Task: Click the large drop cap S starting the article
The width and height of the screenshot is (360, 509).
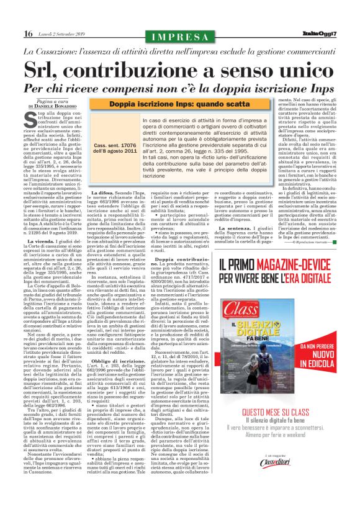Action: (x=32, y=116)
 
